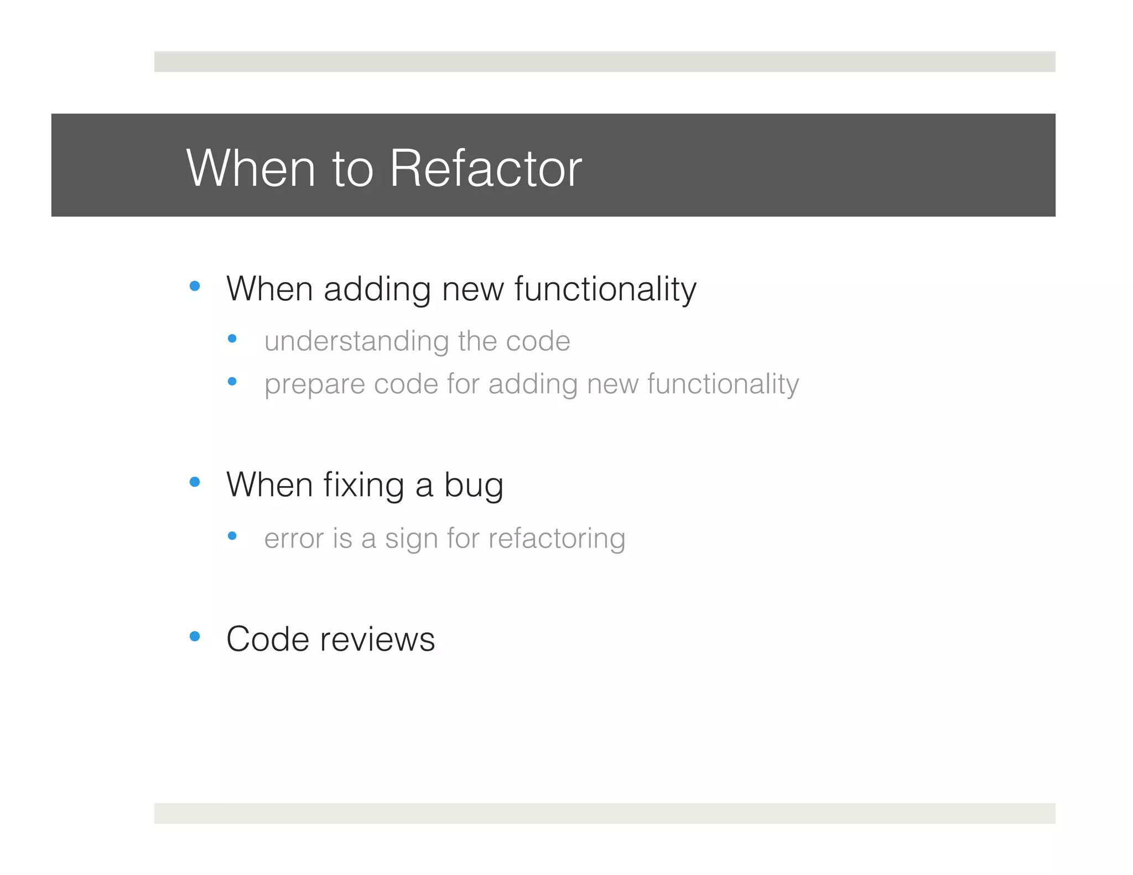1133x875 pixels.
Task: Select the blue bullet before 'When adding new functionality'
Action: [x=194, y=286]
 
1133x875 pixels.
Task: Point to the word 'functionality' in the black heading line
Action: [x=605, y=289]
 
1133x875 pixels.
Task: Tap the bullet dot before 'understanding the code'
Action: [x=232, y=338]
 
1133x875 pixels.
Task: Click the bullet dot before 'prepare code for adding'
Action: [x=232, y=381]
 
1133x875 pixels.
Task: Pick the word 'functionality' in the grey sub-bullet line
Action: [x=723, y=384]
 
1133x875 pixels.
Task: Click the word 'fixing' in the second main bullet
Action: [x=363, y=486]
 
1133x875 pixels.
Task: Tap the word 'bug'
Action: [x=474, y=486]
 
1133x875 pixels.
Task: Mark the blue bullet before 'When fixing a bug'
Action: [x=194, y=482]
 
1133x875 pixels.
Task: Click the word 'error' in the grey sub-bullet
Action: [x=294, y=539]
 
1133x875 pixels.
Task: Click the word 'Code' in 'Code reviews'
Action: [x=267, y=639]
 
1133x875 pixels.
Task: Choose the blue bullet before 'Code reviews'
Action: [x=194, y=636]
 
